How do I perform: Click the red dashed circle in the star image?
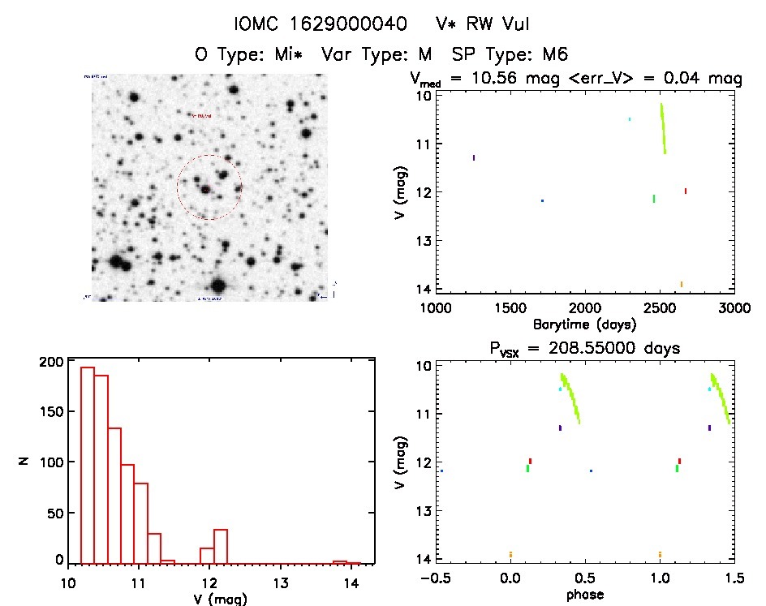click(209, 187)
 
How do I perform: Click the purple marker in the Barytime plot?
click(474, 157)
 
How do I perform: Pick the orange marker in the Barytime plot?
click(681, 284)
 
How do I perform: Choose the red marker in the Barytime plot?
click(686, 191)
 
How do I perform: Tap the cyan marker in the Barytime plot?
click(629, 119)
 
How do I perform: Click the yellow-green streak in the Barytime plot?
click(663, 128)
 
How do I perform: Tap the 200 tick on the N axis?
click(53, 362)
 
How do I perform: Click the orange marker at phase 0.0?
click(510, 555)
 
